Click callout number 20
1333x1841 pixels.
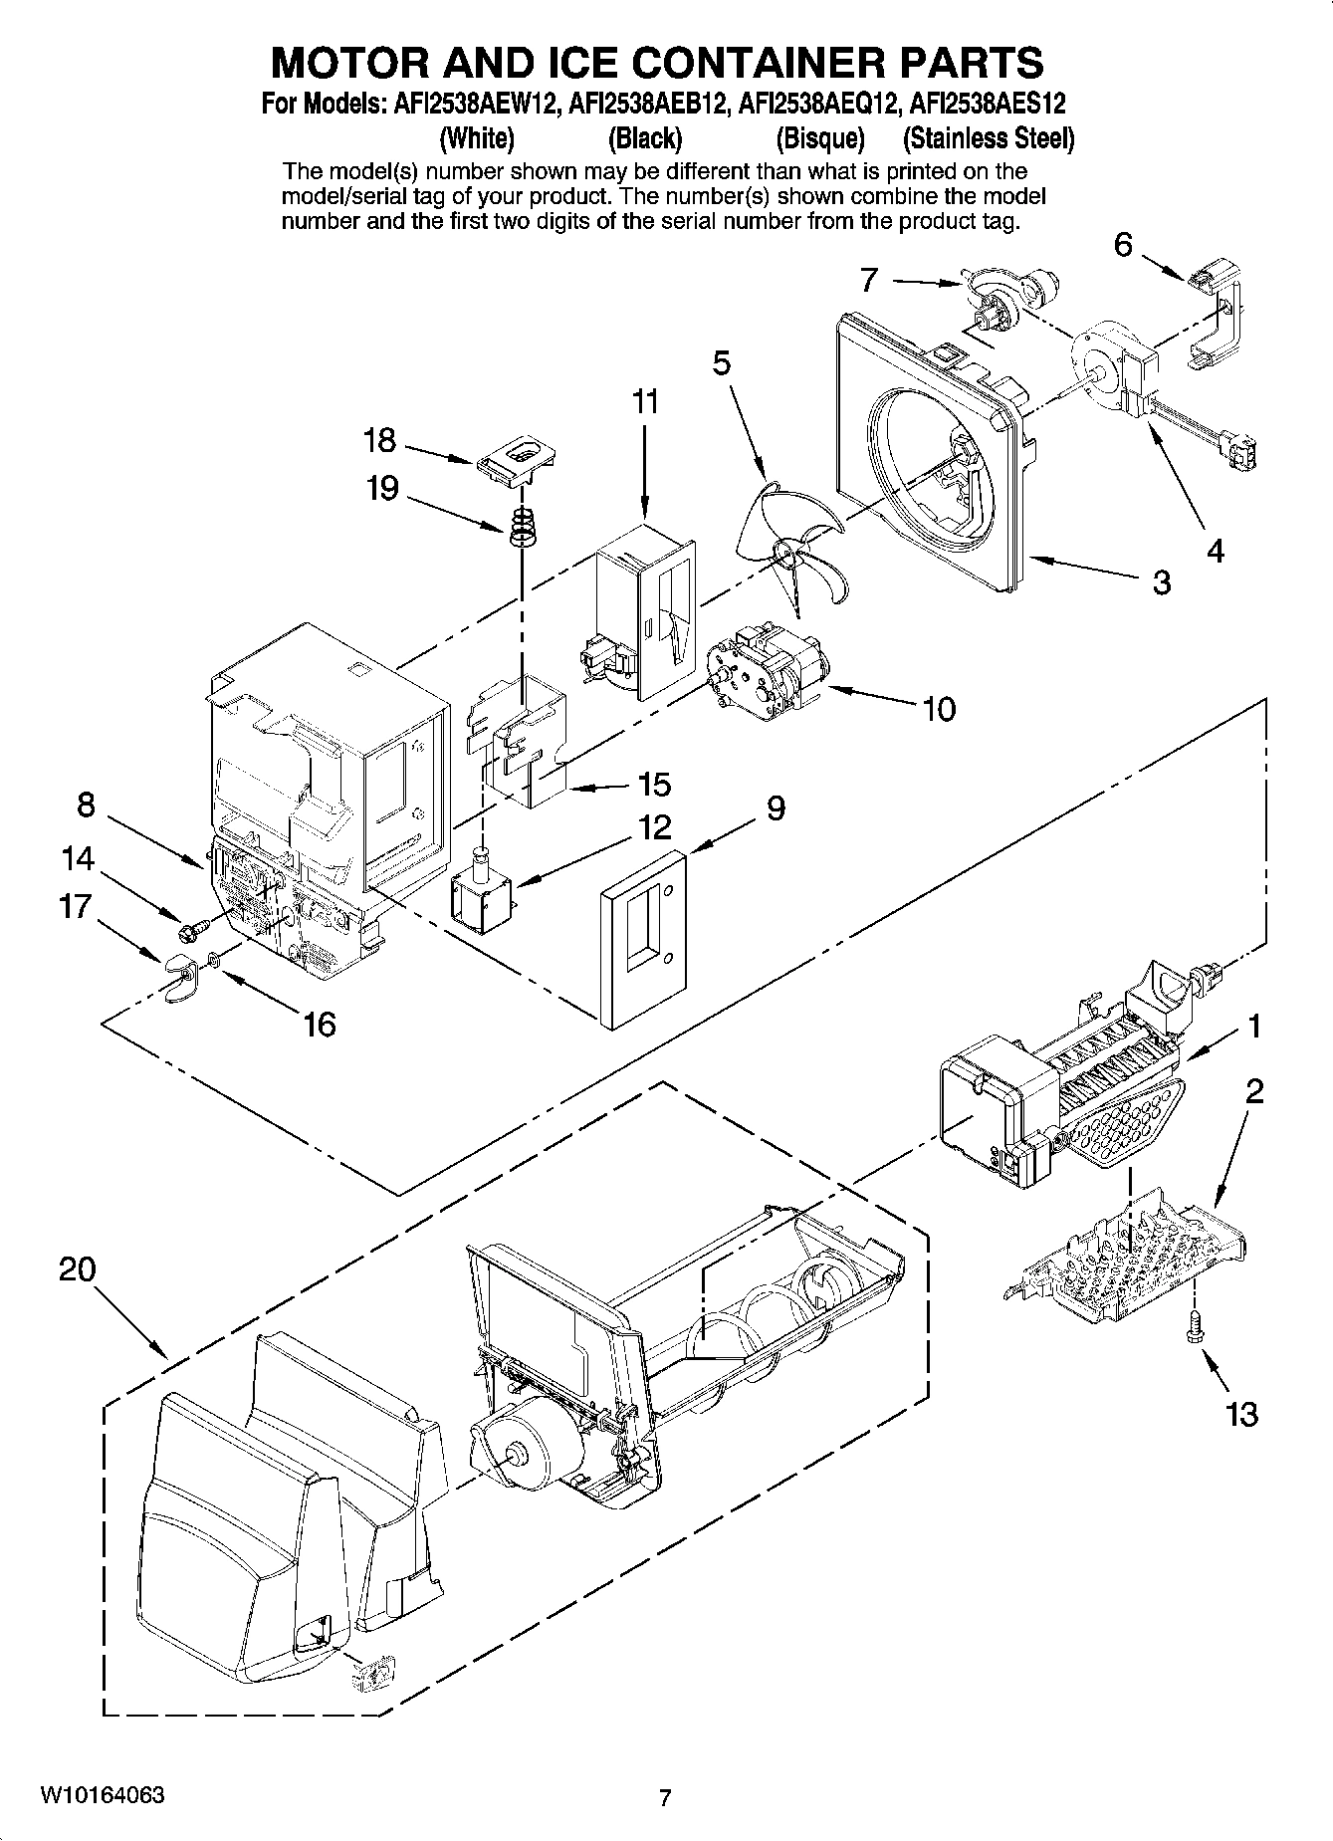pyautogui.click(x=77, y=1269)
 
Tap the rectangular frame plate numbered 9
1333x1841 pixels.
pyautogui.click(x=643, y=936)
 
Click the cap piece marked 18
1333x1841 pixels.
pyautogui.click(x=515, y=460)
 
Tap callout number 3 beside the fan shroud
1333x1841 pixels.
pyautogui.click(x=1161, y=581)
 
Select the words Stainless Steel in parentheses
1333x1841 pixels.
pyautogui.click(x=988, y=137)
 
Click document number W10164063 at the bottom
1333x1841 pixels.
pyautogui.click(x=103, y=1795)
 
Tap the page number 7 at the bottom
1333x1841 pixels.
pyautogui.click(x=666, y=1797)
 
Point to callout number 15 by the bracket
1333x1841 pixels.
pyautogui.click(x=654, y=784)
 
